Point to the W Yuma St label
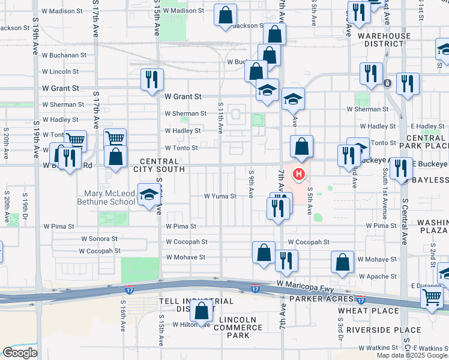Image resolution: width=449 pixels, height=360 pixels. pyautogui.click(x=220, y=196)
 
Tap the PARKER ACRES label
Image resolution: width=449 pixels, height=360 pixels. pyautogui.click(x=318, y=298)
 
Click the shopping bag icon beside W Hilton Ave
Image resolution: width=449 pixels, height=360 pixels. pyautogui.click(x=202, y=311)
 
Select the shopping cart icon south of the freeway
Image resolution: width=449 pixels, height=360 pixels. pyautogui.click(x=432, y=296)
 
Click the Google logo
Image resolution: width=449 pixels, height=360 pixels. pyautogui.click(x=20, y=353)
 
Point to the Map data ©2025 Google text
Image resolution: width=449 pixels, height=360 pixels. pyautogui.click(x=411, y=355)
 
